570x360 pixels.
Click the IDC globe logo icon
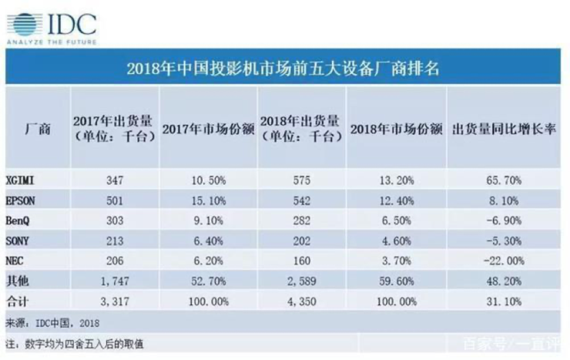[x=25, y=25]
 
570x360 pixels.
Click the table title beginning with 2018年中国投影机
[x=283, y=68]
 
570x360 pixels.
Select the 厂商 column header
[x=38, y=129]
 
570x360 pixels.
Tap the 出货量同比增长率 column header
[x=504, y=129]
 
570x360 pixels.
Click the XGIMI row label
[x=20, y=180]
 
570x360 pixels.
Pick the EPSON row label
[x=20, y=200]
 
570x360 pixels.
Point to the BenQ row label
[x=18, y=220]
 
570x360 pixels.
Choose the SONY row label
[x=18, y=241]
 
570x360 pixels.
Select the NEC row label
[x=15, y=261]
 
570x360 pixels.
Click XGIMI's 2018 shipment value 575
[x=302, y=180]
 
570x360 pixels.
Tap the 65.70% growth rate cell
[x=504, y=180]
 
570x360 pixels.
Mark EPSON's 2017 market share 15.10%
[x=209, y=200]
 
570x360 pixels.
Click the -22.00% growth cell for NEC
[x=504, y=261]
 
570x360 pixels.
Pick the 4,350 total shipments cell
[x=302, y=301]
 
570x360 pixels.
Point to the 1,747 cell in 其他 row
[x=115, y=281]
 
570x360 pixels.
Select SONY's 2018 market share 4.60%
[x=397, y=241]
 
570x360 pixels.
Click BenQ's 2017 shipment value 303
[x=115, y=220]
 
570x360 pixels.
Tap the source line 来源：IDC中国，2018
[x=52, y=323]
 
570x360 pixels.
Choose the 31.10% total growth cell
[x=504, y=301]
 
